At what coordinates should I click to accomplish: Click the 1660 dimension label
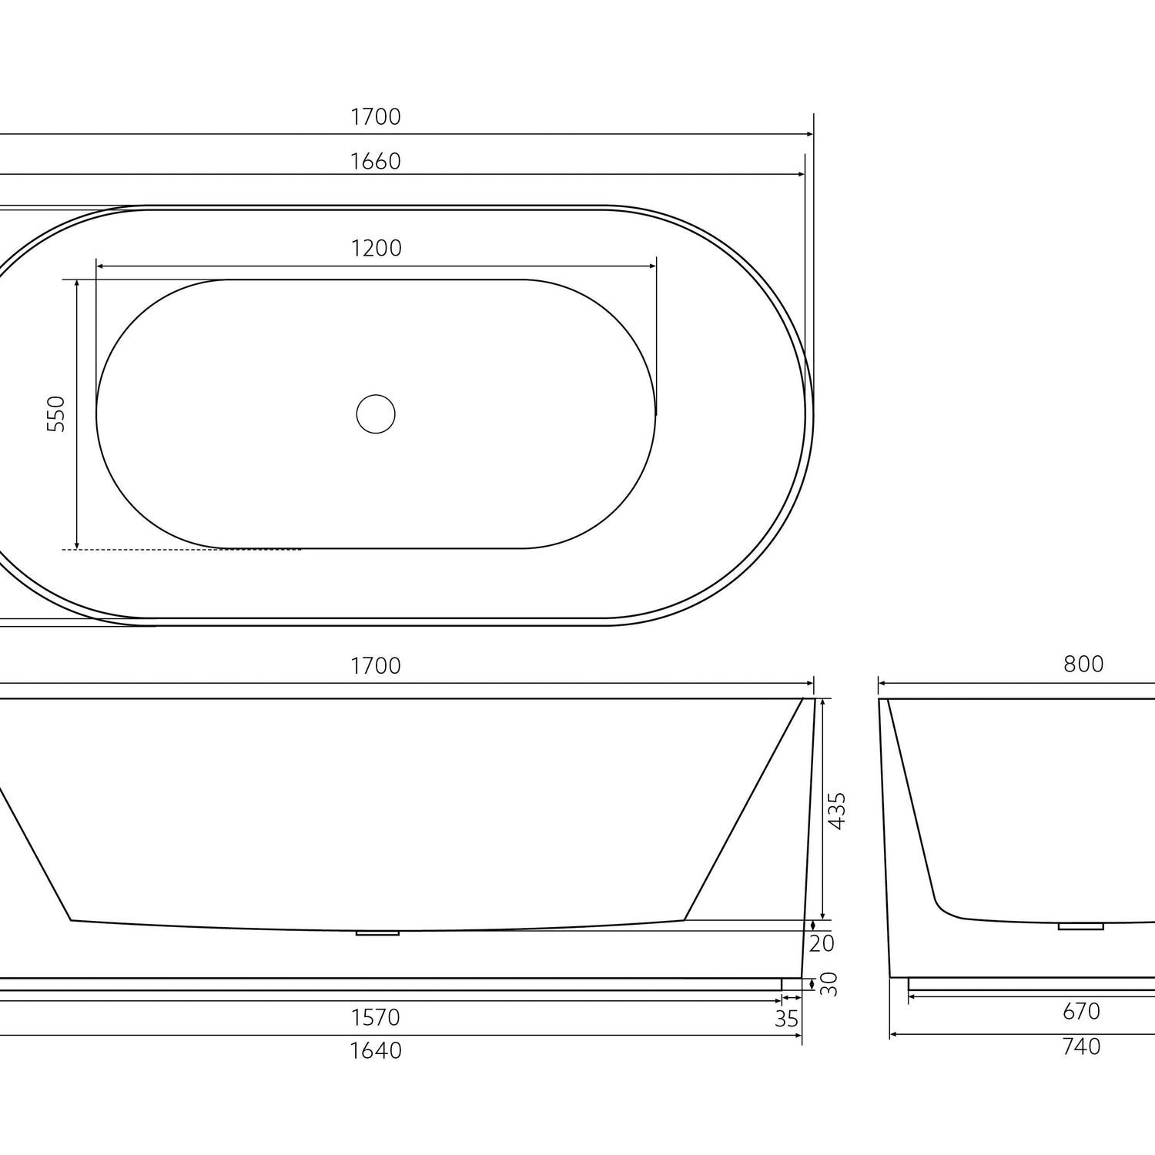376,162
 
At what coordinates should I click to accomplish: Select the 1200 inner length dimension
376,249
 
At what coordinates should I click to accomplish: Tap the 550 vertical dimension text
56,413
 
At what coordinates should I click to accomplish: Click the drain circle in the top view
376,414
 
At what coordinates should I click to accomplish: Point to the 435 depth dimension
836,810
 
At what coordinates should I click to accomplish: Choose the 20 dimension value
822,943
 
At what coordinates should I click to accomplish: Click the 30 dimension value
828,984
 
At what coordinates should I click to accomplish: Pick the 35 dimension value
786,1019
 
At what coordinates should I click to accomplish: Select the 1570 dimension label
376,1018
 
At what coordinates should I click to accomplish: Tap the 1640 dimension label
376,1050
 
